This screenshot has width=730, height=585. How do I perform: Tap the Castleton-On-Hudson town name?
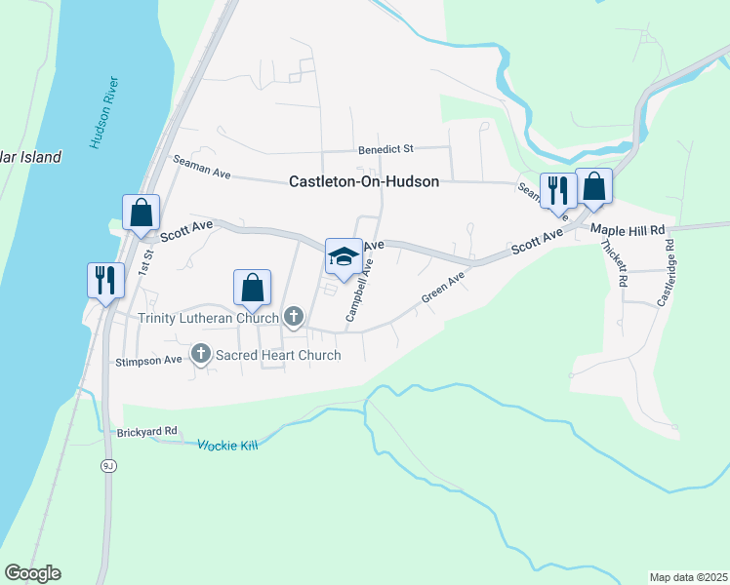coord(364,181)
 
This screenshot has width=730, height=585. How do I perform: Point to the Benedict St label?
coord(385,149)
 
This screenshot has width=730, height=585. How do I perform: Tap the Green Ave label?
coord(443,287)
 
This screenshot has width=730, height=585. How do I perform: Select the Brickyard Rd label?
coord(146,431)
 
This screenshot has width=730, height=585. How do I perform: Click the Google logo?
coord(32,573)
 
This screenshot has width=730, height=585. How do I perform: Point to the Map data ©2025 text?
coord(688,576)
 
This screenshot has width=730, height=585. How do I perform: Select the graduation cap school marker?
coord(343,255)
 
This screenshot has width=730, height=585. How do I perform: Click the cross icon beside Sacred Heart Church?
coord(202,354)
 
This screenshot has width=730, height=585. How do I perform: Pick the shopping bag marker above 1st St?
coord(141,212)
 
